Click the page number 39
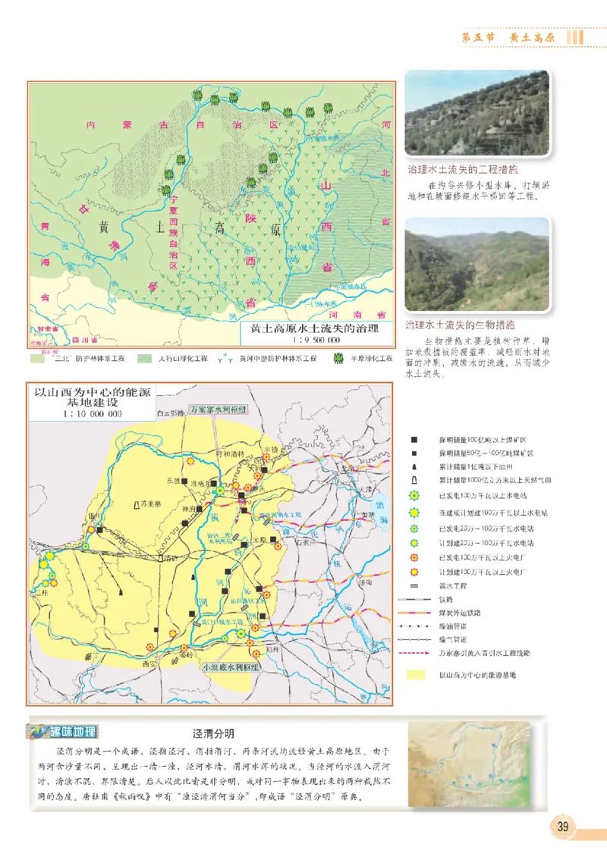pos(562,827)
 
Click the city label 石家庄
pos(304,542)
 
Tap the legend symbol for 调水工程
pos(414,585)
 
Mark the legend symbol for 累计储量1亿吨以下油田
pos(414,466)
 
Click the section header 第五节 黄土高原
pos(511,37)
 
